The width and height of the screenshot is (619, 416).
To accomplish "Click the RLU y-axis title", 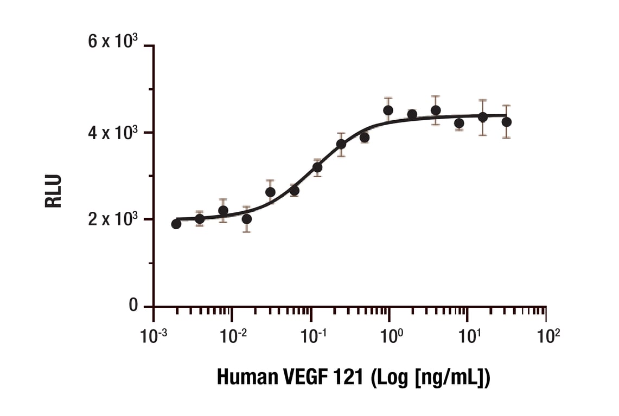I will pyautogui.click(x=53, y=191).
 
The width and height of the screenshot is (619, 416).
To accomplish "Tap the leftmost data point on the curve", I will pyautogui.click(x=176, y=224).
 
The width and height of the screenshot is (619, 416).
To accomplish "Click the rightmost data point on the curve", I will pyautogui.click(x=506, y=122).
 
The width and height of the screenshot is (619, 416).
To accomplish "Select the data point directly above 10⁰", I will pyautogui.click(x=388, y=110).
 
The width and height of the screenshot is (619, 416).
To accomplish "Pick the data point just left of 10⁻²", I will pyautogui.click(x=223, y=211).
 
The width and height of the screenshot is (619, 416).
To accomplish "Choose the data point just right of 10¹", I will pyautogui.click(x=482, y=117).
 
